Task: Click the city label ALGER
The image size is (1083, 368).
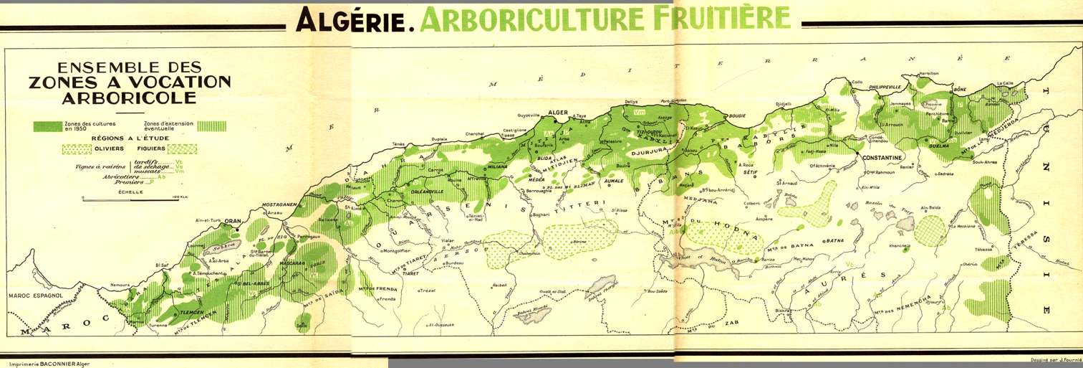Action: pos(557,113)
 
